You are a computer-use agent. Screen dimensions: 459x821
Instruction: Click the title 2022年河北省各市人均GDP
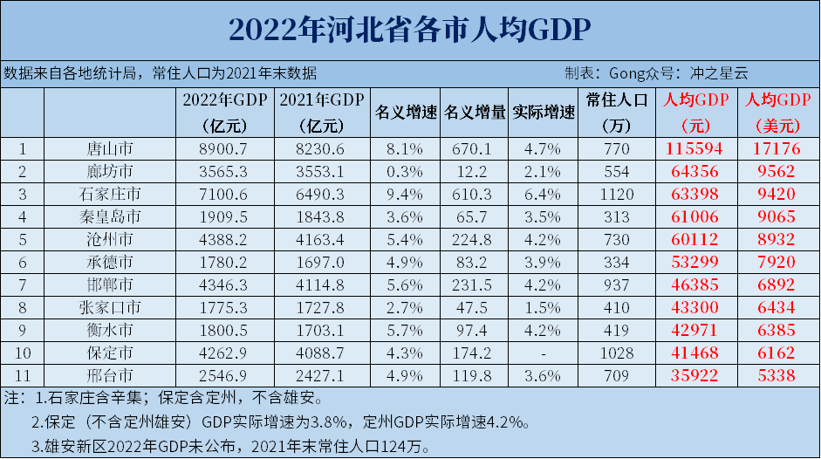(410, 29)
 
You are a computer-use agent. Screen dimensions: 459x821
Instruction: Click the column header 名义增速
(406, 113)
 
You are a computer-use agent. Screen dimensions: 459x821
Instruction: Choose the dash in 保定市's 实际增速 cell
(544, 353)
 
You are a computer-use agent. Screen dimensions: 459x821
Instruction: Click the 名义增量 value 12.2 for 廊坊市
(475, 171)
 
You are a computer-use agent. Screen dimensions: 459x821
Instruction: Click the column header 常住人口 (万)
(616, 113)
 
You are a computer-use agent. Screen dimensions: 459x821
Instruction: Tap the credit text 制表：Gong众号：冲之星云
(656, 73)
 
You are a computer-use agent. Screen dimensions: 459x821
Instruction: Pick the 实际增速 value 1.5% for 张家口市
(544, 308)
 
